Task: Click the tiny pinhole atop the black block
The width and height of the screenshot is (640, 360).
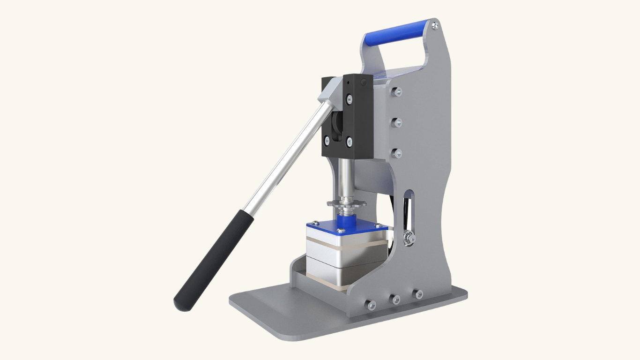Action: coord(348,83)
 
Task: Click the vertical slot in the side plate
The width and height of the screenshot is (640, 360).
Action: coord(409,209)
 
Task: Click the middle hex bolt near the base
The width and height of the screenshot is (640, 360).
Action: coord(395,299)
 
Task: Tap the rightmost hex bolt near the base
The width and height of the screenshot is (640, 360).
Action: coord(417,294)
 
